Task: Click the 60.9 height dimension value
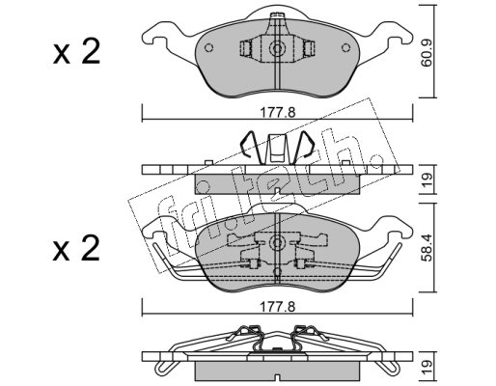[x=427, y=54]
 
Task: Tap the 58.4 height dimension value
[x=427, y=249]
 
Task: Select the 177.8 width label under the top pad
[x=277, y=113]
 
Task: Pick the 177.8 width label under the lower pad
[x=277, y=307]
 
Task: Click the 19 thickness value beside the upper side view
[x=427, y=179]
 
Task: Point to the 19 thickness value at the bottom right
[x=427, y=367]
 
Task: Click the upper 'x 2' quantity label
[x=76, y=52]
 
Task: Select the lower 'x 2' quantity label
[x=76, y=249]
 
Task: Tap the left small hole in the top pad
[x=208, y=48]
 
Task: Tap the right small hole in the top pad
[x=345, y=48]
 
